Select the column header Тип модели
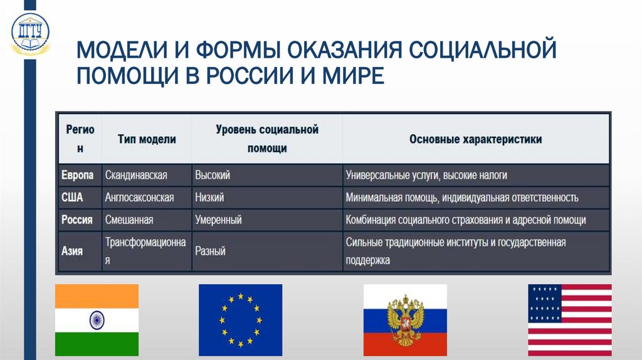tap(147, 139)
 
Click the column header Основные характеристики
tap(475, 139)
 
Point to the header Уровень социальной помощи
tap(267, 139)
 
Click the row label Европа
tap(78, 175)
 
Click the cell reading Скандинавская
tap(136, 175)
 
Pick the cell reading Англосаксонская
tap(139, 198)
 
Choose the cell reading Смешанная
tap(129, 220)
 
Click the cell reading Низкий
tap(209, 198)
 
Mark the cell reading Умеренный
tap(218, 220)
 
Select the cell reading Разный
tap(210, 251)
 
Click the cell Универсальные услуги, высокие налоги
tap(426, 175)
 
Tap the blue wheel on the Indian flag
tap(97, 319)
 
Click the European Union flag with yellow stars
tap(240, 319)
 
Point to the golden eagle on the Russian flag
tap(405, 320)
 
